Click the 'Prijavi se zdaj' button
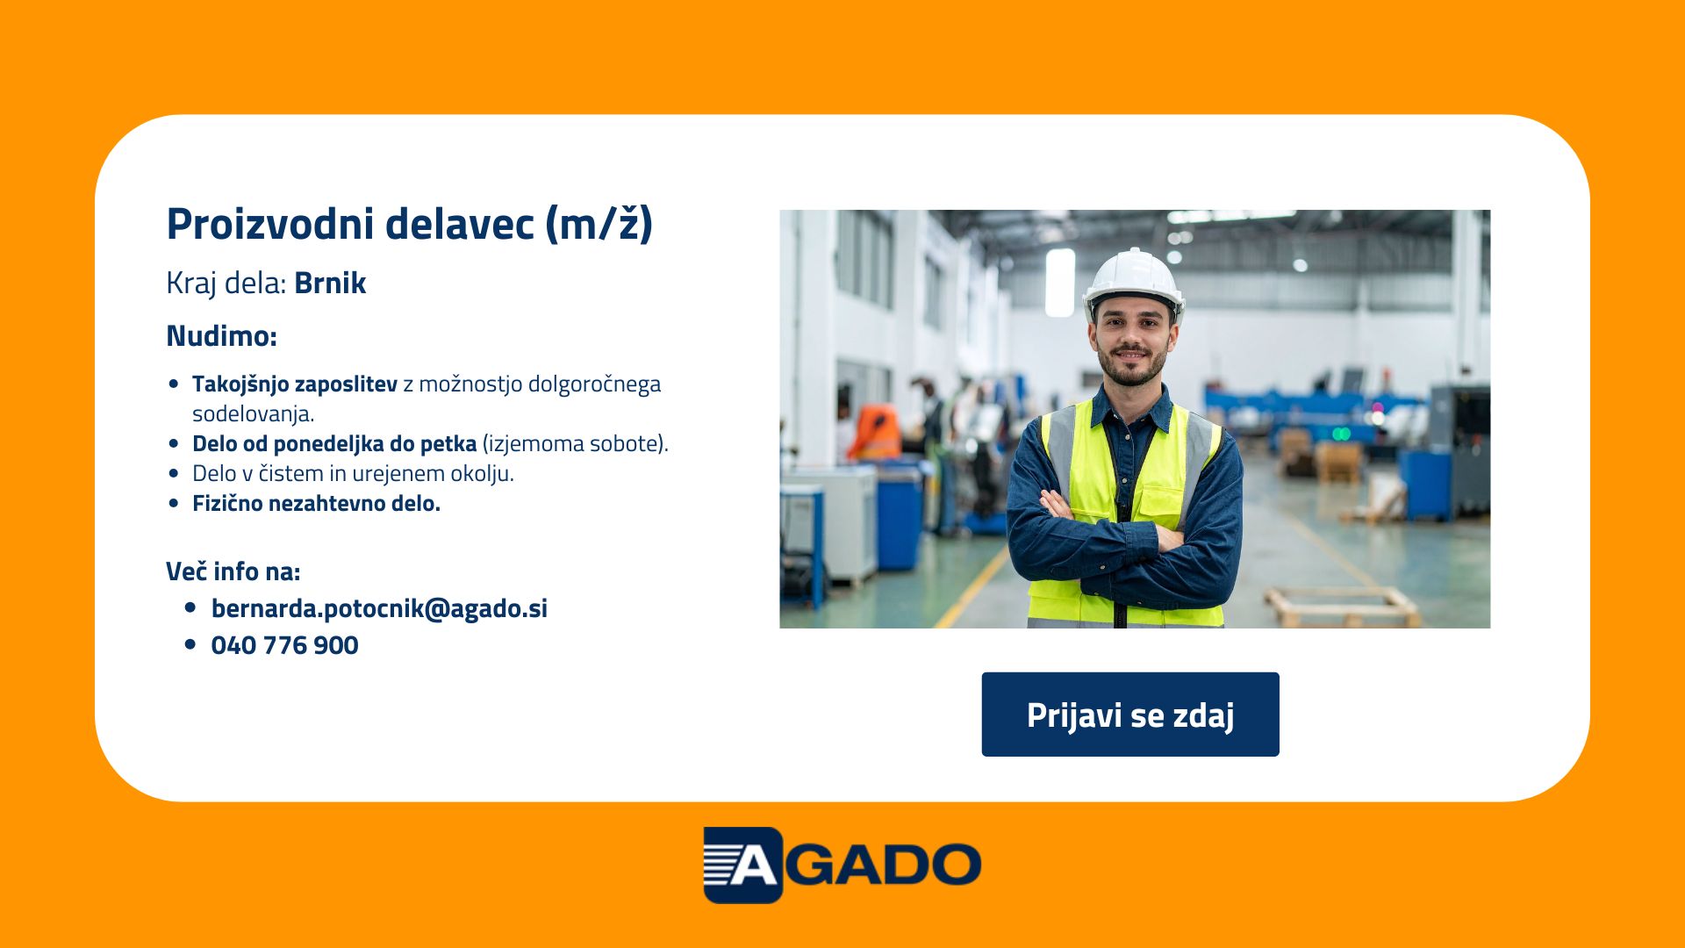pos(1130,715)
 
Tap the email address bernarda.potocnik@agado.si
pos(379,608)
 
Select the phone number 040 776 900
pos(285,645)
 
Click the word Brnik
pos(330,283)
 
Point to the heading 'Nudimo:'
pos(221,335)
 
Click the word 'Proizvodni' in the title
pos(270,224)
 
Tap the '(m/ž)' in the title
pos(599,224)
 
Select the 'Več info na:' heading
pos(233,571)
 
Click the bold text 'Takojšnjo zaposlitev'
pos(295,384)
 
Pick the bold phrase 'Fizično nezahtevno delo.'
pos(316,503)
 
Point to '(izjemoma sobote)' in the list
pos(576,443)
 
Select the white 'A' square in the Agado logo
pos(742,865)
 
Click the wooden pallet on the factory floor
pos(1342,607)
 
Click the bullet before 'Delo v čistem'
pos(174,473)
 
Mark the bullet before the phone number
pos(190,644)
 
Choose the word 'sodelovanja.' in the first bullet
pos(254,414)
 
